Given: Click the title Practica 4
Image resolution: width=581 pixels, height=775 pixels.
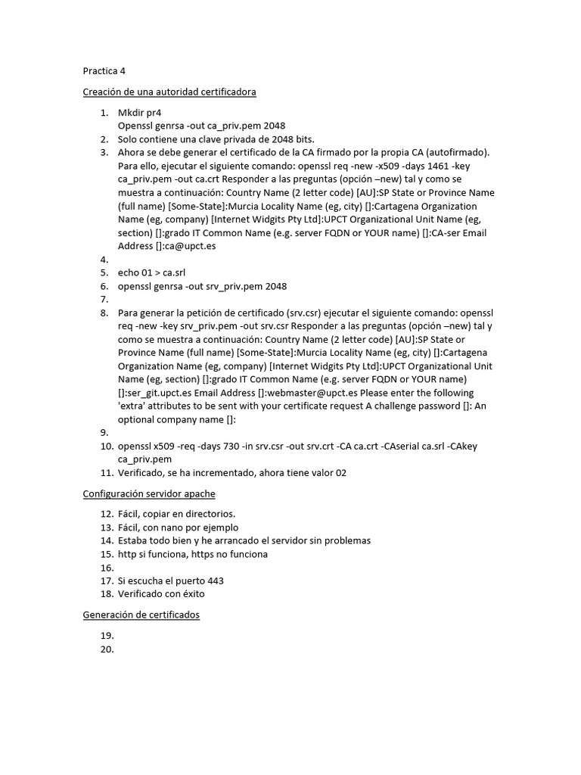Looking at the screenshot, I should point(104,71).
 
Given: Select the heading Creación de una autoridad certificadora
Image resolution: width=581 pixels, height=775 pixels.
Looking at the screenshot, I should point(169,92).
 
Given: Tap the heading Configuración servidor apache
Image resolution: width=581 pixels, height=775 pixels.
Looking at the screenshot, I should point(149,493).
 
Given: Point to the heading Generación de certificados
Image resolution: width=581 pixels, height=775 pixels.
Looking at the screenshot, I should point(141,615).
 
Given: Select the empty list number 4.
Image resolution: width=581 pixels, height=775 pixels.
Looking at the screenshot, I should point(104,260).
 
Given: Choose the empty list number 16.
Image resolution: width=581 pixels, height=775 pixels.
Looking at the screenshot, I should point(105,568).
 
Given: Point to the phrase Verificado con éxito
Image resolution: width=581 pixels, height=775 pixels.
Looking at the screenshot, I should point(161,594).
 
